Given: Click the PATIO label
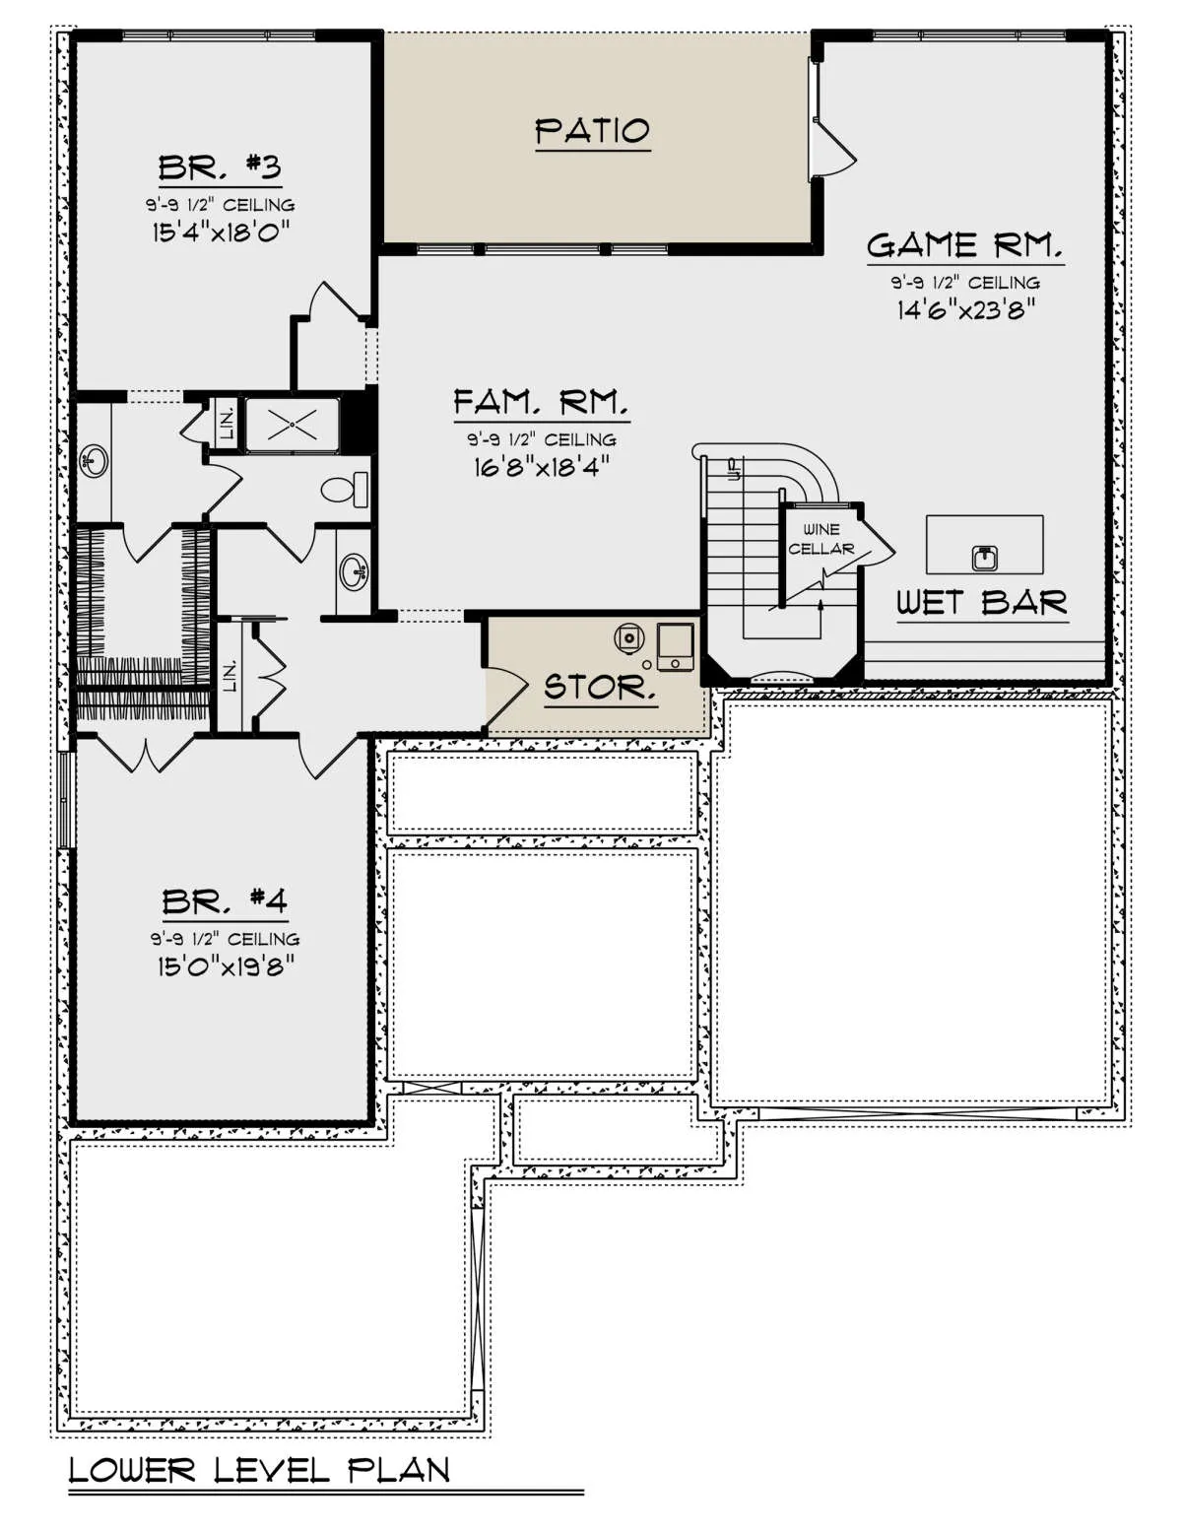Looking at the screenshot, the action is tap(592, 131).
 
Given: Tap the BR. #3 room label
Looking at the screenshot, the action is tap(220, 167).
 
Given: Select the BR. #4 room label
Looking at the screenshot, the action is tap(225, 901).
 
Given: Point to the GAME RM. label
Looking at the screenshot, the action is tap(965, 245).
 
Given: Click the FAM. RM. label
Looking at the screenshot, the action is tap(541, 403).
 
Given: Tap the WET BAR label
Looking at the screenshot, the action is tap(982, 603).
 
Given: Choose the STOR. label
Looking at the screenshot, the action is tap(601, 686).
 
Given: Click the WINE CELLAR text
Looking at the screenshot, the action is tap(821, 538).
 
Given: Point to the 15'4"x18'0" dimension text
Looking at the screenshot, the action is tap(222, 232).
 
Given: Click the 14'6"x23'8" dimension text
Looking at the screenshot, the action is tap(965, 309).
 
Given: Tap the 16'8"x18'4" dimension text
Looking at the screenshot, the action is tap(541, 466).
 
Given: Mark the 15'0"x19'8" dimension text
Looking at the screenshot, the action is tap(225, 966).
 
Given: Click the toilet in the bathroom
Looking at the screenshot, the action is tap(346, 490).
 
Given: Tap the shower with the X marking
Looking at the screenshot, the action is tap(292, 425).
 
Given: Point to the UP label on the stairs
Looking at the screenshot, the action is tap(735, 468).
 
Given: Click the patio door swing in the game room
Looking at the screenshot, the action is tap(834, 146).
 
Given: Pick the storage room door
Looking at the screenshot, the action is tap(506, 697).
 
